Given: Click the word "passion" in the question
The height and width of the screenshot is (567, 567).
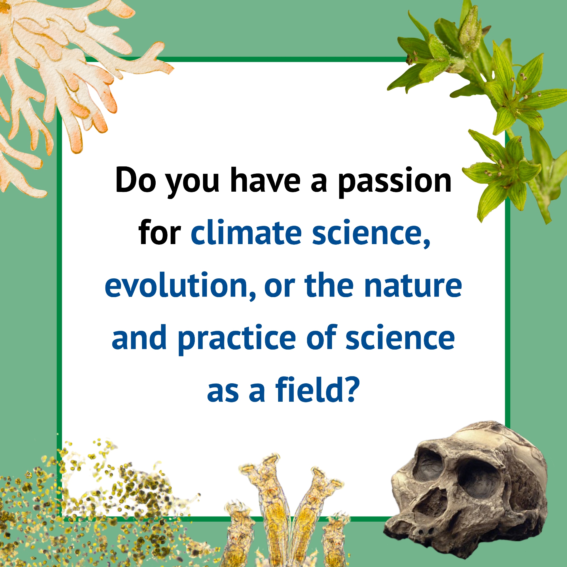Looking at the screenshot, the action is tap(395, 181).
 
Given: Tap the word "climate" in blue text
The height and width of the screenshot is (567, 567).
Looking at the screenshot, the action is tap(246, 232).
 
